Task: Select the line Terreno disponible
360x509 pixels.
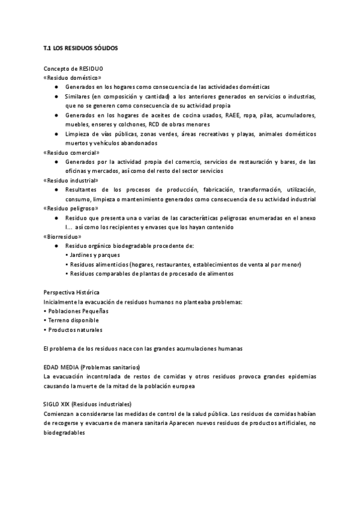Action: click(71, 320)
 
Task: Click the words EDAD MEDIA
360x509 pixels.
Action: click(62, 367)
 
